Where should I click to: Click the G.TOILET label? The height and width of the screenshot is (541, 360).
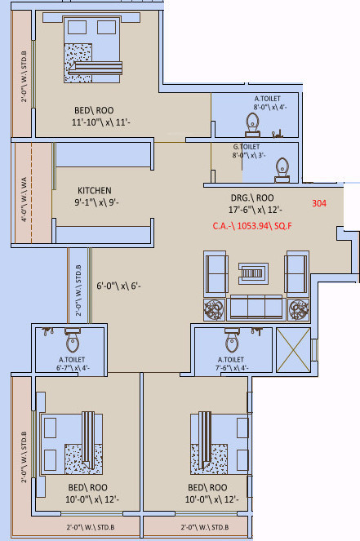tap(247, 147)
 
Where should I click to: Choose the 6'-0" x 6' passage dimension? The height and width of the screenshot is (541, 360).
tap(119, 286)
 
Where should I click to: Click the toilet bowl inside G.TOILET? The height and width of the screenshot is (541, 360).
tap(282, 166)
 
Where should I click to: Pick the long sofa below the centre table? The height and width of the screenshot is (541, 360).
tap(253, 307)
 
